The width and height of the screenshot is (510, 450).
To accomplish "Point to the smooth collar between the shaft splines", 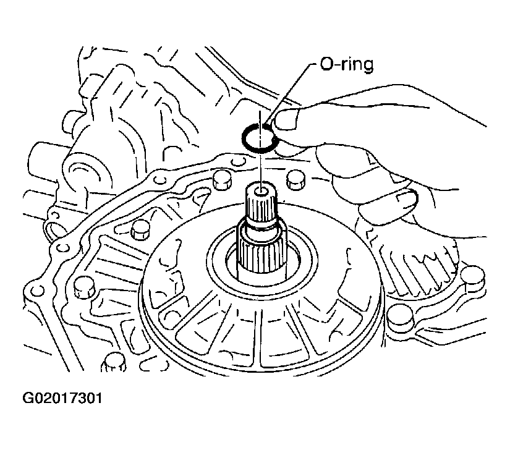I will pos(262,232).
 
